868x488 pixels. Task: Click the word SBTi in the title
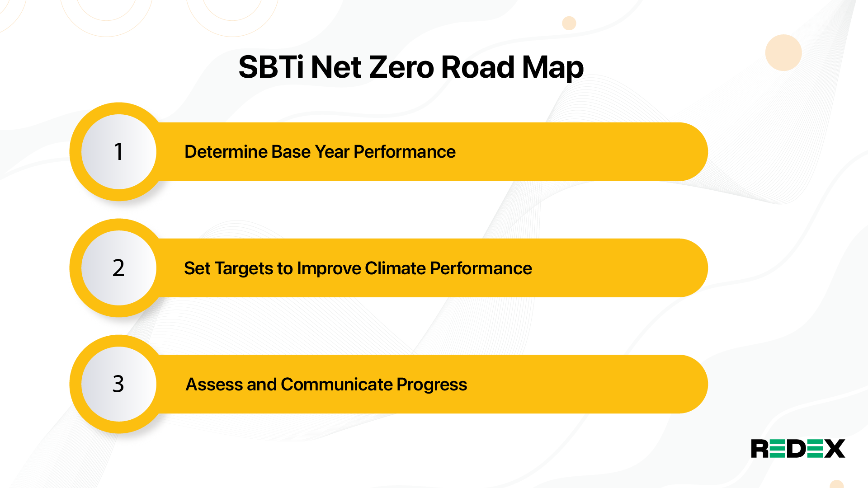click(271, 67)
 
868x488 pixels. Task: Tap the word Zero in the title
click(401, 67)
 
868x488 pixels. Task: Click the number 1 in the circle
click(118, 152)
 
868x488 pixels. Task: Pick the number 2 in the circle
click(118, 268)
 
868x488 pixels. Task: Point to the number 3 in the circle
click(118, 384)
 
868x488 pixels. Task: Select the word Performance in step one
click(405, 152)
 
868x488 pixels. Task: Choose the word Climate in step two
click(396, 268)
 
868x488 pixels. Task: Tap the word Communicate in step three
click(337, 385)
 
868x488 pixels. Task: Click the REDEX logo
click(798, 449)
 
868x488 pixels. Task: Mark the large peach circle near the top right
click(783, 52)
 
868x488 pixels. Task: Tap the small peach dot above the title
click(569, 23)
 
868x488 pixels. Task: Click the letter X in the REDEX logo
click(835, 449)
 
